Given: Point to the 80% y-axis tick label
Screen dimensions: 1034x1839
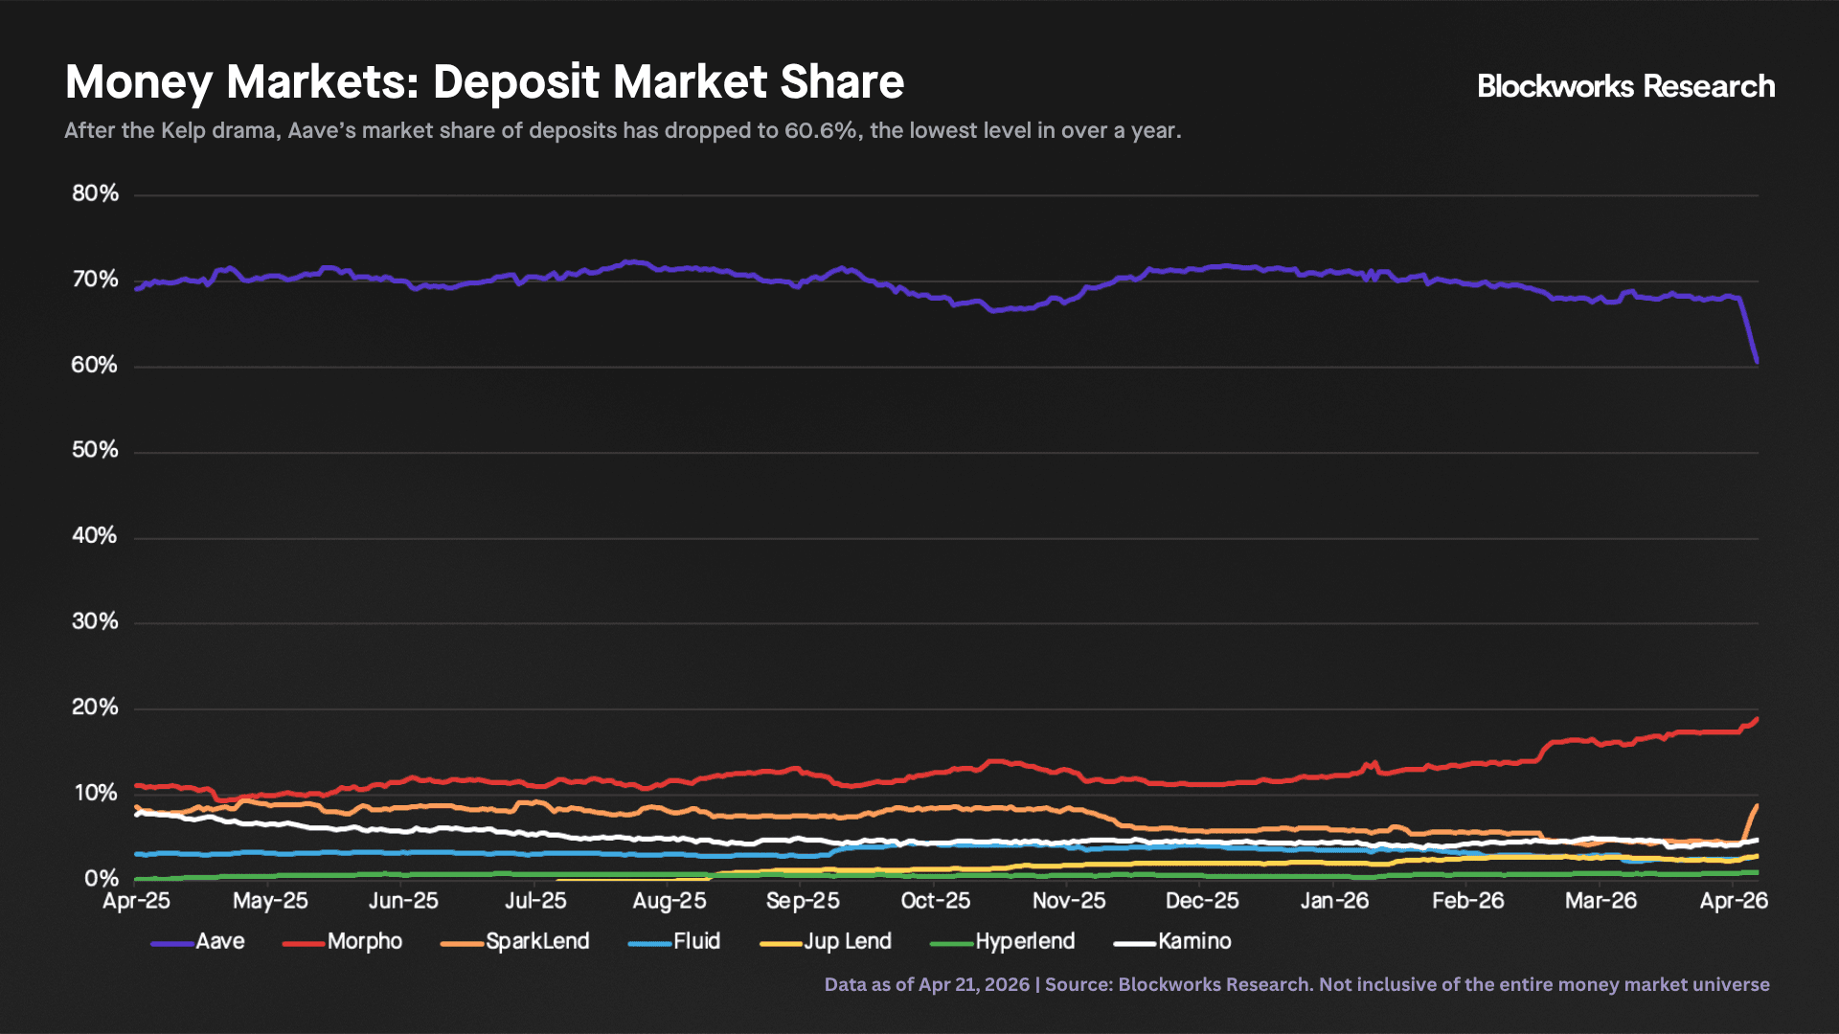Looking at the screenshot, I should [95, 194].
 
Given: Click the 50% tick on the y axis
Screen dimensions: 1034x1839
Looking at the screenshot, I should [95, 451].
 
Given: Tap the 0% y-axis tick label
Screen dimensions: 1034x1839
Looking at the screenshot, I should [101, 879].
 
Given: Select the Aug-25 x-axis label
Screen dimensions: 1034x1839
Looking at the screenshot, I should [670, 902].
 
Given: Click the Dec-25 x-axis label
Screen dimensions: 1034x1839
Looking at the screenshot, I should [1202, 902].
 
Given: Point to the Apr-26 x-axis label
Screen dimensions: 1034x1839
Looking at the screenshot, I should [1734, 902].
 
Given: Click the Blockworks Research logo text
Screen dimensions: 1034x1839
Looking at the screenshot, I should [1625, 87].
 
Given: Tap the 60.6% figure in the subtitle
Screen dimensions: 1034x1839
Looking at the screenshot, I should [820, 131].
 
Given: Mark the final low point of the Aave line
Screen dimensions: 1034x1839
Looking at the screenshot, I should [1757, 362].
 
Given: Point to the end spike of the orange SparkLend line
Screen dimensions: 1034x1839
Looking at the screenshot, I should [1757, 806].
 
